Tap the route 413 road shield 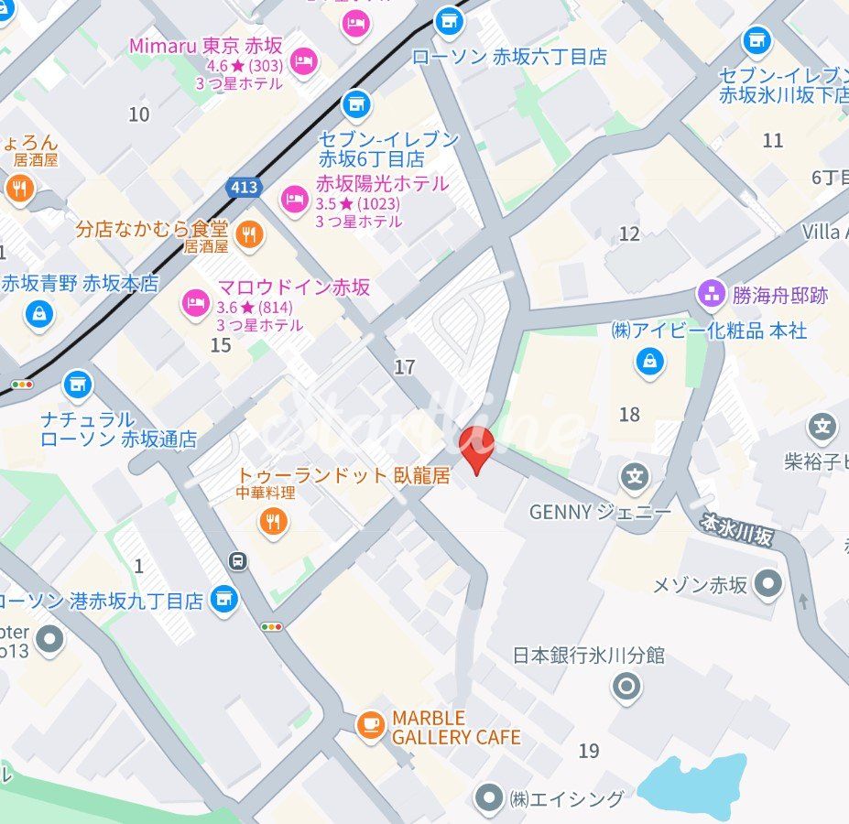coord(244,188)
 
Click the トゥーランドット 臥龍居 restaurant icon coord(272,522)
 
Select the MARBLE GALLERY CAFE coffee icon coord(370,725)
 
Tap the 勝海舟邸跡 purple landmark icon coord(711,295)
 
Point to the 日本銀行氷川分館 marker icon coord(626,686)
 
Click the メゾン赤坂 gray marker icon coord(769,583)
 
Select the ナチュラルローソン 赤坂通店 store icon coord(78,385)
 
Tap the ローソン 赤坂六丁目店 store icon coord(448,20)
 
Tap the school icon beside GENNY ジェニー coord(634,476)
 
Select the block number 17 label coord(404,367)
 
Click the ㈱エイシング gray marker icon coord(490,798)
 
